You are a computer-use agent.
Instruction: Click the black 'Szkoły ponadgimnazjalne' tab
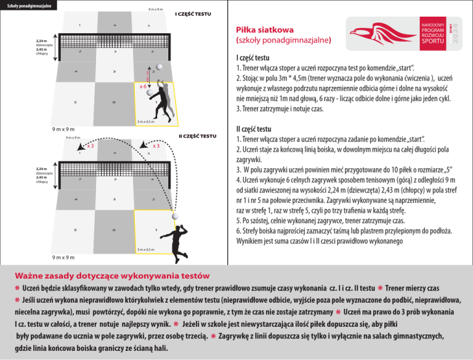[x=29, y=6]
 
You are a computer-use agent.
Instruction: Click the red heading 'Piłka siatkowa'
[x=265, y=30]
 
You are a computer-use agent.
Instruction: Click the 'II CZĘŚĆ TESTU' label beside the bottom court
[x=197, y=135]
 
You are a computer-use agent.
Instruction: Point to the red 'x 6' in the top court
[x=143, y=86]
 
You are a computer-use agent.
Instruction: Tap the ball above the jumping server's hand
[x=177, y=216]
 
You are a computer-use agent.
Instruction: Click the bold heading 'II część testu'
[x=254, y=130]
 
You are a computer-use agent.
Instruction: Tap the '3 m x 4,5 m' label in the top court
[x=145, y=121]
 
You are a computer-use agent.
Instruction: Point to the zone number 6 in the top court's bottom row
[x=115, y=102]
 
